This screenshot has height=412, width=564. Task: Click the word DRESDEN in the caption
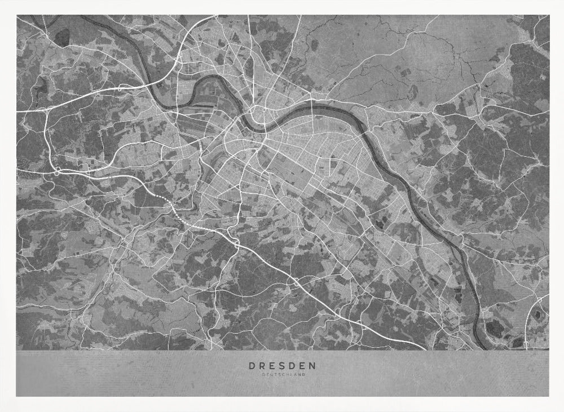282,365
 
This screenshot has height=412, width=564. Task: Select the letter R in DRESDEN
262,365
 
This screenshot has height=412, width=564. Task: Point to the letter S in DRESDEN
282,365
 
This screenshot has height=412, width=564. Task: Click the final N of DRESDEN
313,365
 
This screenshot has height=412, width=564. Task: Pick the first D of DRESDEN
252,365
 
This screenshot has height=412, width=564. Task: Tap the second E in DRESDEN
302,365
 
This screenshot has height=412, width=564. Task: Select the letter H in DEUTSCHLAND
287,374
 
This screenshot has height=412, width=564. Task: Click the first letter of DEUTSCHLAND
263,374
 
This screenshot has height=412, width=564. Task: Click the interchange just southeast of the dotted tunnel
236,243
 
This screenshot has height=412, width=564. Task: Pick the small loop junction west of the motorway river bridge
120,88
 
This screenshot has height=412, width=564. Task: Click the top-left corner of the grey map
16,16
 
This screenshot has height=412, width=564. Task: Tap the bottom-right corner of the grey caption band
549,396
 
